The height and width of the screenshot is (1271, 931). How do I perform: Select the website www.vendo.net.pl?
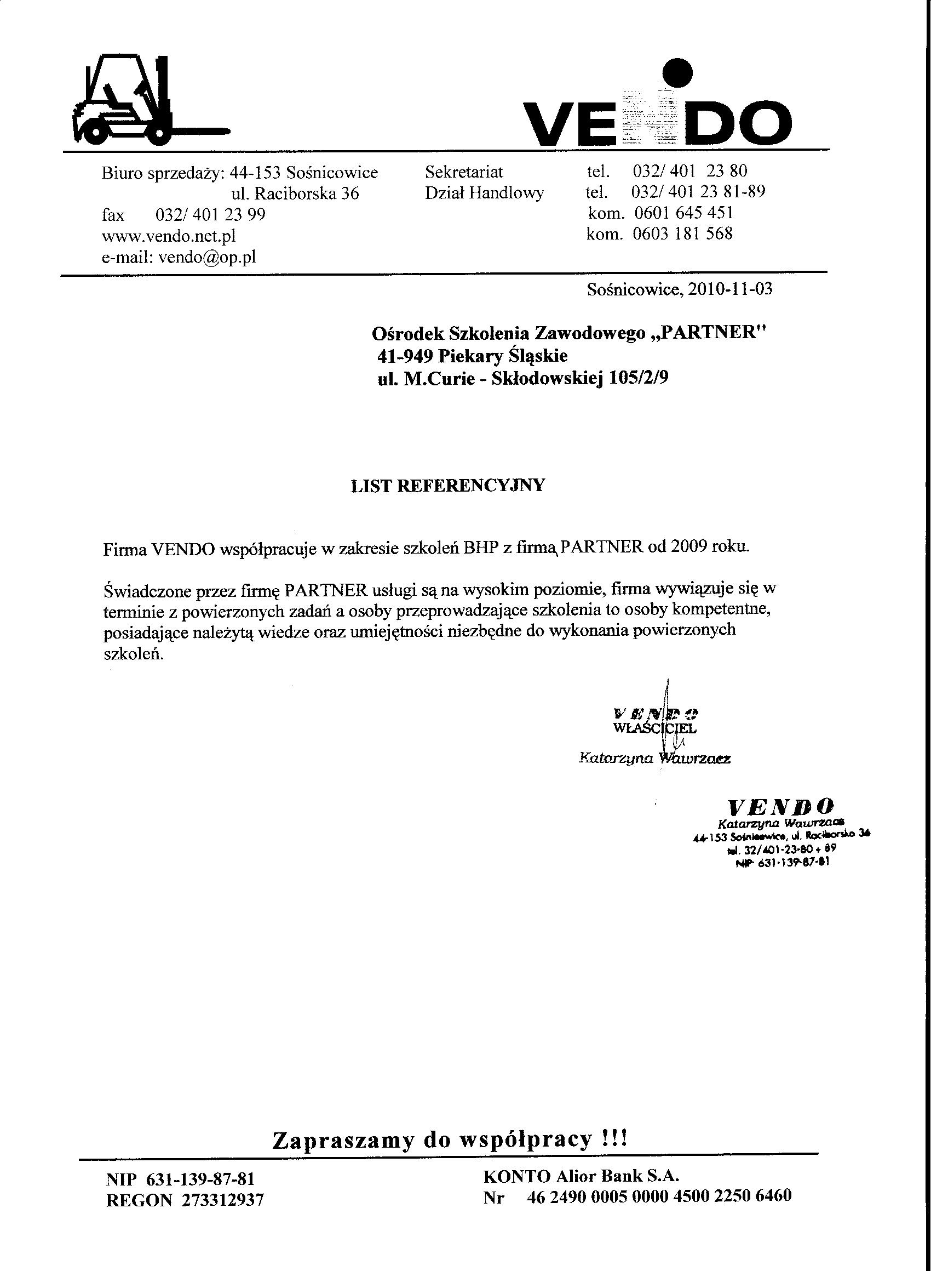(169, 236)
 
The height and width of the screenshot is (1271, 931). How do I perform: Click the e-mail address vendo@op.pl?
(208, 257)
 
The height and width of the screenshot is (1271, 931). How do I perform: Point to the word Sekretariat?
(464, 172)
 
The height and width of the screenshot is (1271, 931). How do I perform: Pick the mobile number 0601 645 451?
(683, 213)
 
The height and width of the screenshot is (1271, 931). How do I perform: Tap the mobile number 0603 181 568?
(682, 233)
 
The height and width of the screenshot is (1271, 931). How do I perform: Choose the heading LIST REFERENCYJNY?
(447, 486)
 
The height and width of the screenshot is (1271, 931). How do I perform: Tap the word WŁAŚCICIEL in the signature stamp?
(654, 728)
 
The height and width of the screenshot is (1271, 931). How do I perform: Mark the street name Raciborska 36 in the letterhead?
(307, 193)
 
